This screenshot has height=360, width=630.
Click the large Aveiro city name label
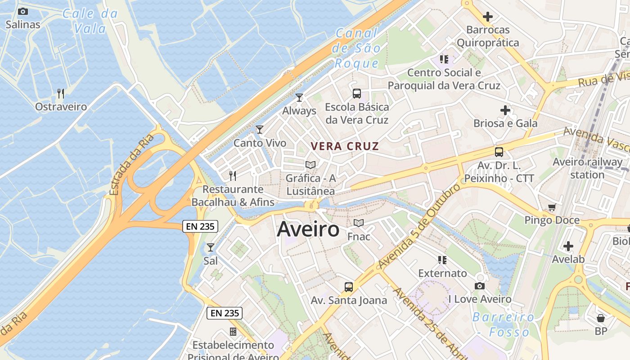[x=308, y=229]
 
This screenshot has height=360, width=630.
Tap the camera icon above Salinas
[x=23, y=12]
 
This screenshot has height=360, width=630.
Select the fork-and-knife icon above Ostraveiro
[x=61, y=94]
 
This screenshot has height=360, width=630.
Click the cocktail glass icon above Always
[x=299, y=97]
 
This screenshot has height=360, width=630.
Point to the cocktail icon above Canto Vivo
[x=260, y=130]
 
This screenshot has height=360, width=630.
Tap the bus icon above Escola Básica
[x=357, y=94]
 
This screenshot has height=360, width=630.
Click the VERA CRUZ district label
[x=345, y=146]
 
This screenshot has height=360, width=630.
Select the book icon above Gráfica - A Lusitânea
[x=310, y=165]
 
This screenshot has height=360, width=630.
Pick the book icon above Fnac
[x=359, y=223]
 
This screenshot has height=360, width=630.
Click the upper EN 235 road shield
[x=200, y=226]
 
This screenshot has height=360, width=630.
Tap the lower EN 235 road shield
[x=225, y=313]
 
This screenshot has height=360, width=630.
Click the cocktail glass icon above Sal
[x=210, y=247]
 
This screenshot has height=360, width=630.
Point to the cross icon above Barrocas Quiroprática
[x=487, y=17]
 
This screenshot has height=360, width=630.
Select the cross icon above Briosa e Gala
[x=505, y=110]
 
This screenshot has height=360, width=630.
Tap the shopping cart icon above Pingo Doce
[x=552, y=207]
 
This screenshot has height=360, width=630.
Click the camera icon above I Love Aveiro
[x=480, y=286]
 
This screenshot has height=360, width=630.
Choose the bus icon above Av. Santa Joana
[x=349, y=287]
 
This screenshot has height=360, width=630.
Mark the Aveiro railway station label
[x=587, y=168]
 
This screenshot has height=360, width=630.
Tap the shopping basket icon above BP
[x=601, y=318]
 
